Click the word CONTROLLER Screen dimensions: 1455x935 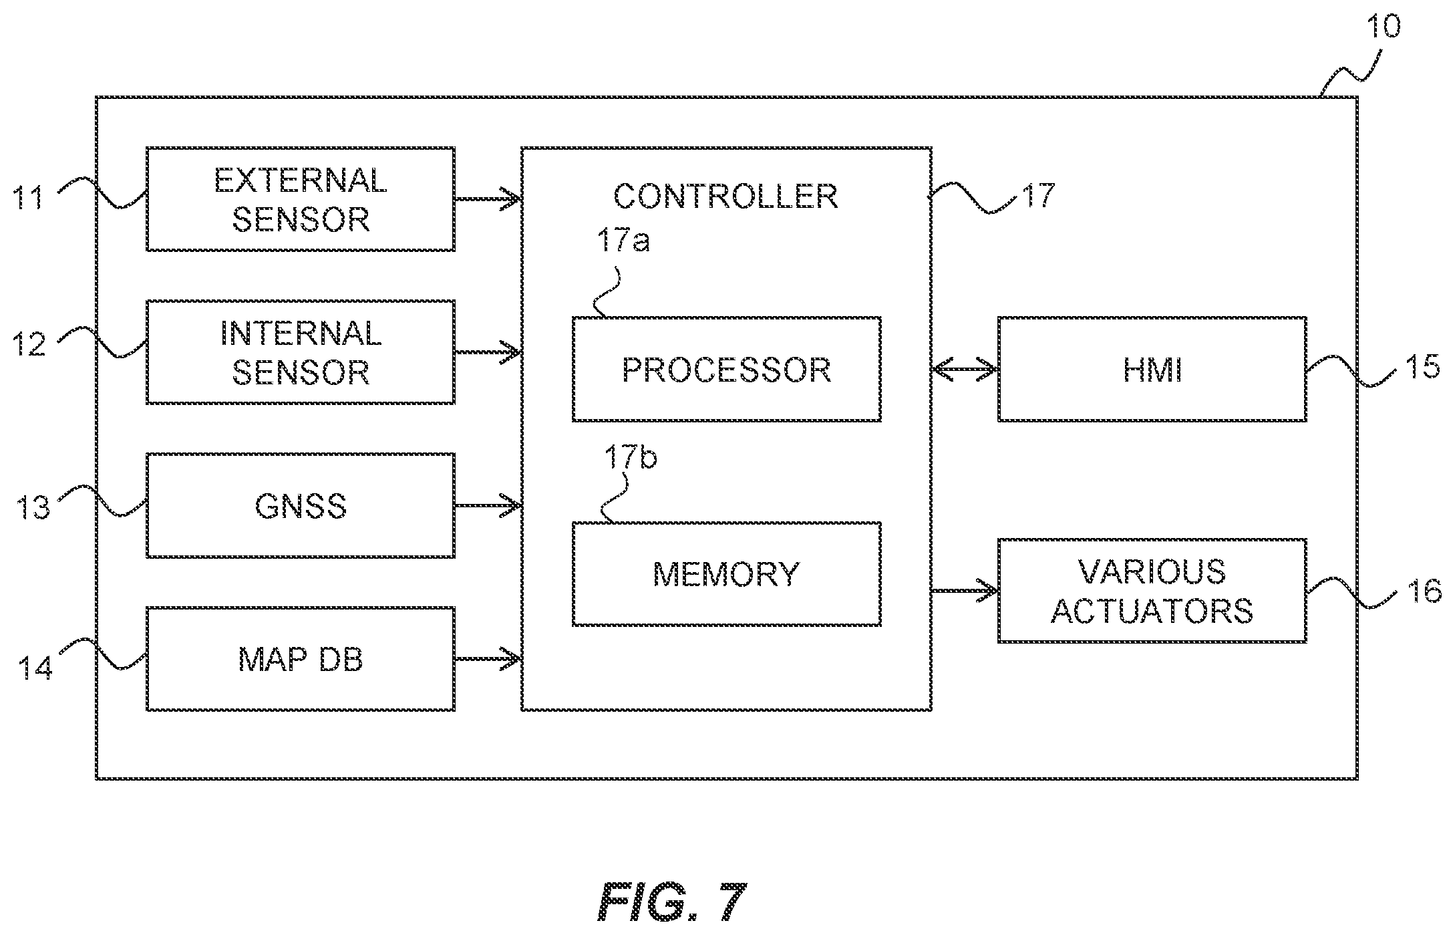(x=725, y=196)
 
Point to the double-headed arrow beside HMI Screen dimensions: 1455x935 (x=965, y=369)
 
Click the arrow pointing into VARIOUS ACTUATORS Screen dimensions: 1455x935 (x=965, y=591)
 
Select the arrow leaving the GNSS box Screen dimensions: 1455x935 (x=488, y=505)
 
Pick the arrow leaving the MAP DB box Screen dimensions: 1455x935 (x=488, y=659)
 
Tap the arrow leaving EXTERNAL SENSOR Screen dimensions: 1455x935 (x=488, y=198)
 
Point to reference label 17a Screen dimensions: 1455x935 (x=623, y=240)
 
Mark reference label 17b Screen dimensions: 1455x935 (x=631, y=457)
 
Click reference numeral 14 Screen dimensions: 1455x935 (x=35, y=667)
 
